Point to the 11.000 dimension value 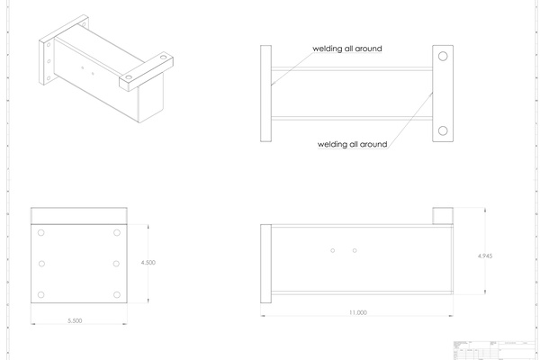[356, 312]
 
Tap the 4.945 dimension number [485, 256]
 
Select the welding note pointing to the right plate [352, 144]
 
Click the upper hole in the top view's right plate [443, 57]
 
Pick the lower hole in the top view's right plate [443, 131]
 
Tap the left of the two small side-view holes [333, 250]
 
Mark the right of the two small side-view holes [355, 250]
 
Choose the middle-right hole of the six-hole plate [117, 264]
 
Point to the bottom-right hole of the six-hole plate [117, 295]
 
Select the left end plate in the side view [265, 264]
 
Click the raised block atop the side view [443, 216]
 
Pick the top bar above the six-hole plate [79, 215]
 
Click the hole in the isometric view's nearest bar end [129, 79]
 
